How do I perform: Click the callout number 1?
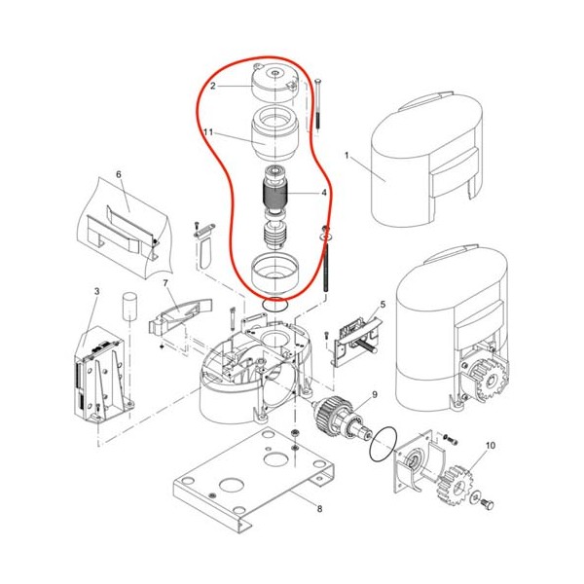[x=347, y=156]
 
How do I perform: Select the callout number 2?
[x=212, y=86]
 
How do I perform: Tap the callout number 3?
[x=96, y=291]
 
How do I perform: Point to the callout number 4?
[x=324, y=193]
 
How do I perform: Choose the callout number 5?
[x=383, y=305]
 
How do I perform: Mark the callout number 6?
[x=119, y=174]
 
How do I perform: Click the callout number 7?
[x=165, y=283]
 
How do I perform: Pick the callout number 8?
[x=319, y=508]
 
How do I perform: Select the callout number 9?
[x=375, y=394]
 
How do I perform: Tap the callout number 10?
[x=491, y=445]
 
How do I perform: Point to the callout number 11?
[x=208, y=132]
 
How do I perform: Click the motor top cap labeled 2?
[x=274, y=84]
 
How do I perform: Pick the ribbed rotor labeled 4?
[x=274, y=195]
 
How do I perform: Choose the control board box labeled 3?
[x=102, y=376]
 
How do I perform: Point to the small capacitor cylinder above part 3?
[x=128, y=306]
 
